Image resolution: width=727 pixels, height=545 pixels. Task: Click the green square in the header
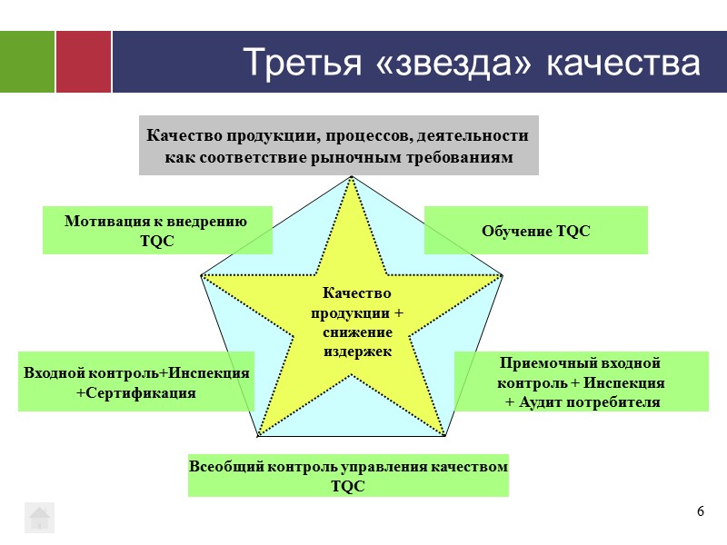pyautogui.click(x=26, y=62)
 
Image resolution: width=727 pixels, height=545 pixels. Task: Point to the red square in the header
pyautogui.click(x=84, y=62)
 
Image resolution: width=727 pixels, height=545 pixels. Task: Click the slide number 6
pyautogui.click(x=701, y=512)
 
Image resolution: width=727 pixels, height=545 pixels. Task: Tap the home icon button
pyautogui.click(x=39, y=517)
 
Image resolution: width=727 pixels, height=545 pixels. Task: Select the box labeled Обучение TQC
pyautogui.click(x=536, y=230)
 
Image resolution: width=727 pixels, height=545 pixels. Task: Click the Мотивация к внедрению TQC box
pyautogui.click(x=157, y=230)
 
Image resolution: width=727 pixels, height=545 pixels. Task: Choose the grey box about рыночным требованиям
pyautogui.click(x=338, y=145)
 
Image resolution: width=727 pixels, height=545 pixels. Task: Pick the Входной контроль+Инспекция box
pyautogui.click(x=136, y=382)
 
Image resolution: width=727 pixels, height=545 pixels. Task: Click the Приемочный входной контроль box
pyautogui.click(x=582, y=382)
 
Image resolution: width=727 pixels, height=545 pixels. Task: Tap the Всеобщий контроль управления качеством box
pyautogui.click(x=348, y=475)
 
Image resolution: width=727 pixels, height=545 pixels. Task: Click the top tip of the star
pyautogui.click(x=352, y=177)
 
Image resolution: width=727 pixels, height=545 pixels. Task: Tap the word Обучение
pyautogui.click(x=515, y=231)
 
